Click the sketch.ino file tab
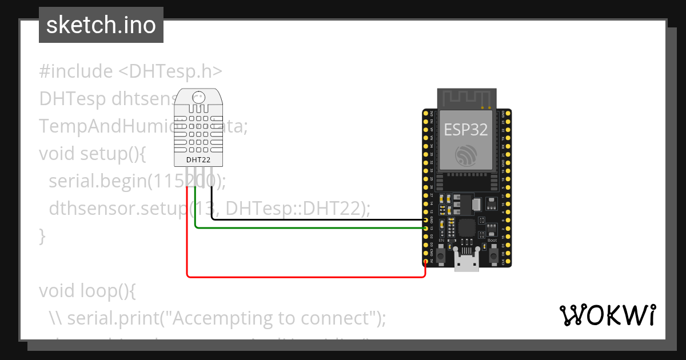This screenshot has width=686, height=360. click(101, 25)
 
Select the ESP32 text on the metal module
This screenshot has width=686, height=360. click(466, 130)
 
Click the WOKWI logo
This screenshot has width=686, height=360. click(607, 315)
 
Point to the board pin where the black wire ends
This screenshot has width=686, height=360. click(426, 220)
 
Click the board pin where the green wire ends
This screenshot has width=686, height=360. click(426, 228)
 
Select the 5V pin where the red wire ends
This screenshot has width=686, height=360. click(426, 262)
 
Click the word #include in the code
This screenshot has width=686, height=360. click(75, 71)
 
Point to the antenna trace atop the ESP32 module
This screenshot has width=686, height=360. click(466, 98)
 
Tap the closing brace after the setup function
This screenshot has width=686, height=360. click(42, 235)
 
